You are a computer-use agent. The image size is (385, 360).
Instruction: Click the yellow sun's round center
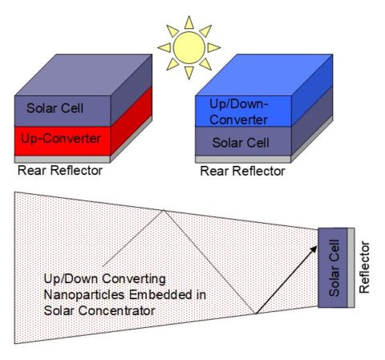tap(189, 46)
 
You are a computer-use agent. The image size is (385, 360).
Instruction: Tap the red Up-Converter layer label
tap(59, 138)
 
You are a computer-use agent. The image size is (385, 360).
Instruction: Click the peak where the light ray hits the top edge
tap(164, 210)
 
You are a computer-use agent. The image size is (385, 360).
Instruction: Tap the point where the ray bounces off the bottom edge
tap(256, 313)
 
